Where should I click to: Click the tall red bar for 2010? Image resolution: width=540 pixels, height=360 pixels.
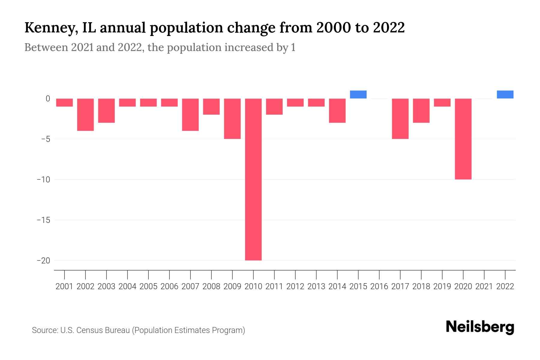click(253, 179)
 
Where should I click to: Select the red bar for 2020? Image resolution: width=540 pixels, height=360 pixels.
click(463, 139)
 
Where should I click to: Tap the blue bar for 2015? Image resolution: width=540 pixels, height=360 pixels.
click(358, 94)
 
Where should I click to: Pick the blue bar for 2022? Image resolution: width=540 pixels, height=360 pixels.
click(505, 94)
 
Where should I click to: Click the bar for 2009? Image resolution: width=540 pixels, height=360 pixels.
click(232, 119)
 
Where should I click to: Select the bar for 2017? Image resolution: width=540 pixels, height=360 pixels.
click(400, 119)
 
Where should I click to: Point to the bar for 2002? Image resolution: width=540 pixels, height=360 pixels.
click(85, 115)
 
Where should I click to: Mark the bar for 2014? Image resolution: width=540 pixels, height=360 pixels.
click(337, 111)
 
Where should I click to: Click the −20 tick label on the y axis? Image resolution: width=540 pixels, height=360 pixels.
click(43, 260)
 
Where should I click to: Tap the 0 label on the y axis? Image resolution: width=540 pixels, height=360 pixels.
click(48, 99)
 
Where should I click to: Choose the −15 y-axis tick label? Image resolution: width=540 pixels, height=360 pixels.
click(43, 220)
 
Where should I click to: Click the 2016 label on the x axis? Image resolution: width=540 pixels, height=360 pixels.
click(379, 286)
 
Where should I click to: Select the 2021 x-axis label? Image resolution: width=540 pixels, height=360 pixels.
click(484, 286)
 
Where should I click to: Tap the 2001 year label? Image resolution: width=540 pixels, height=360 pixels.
click(64, 286)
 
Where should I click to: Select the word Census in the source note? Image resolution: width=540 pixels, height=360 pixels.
click(89, 330)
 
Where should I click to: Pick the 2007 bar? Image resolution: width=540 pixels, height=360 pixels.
click(190, 115)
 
